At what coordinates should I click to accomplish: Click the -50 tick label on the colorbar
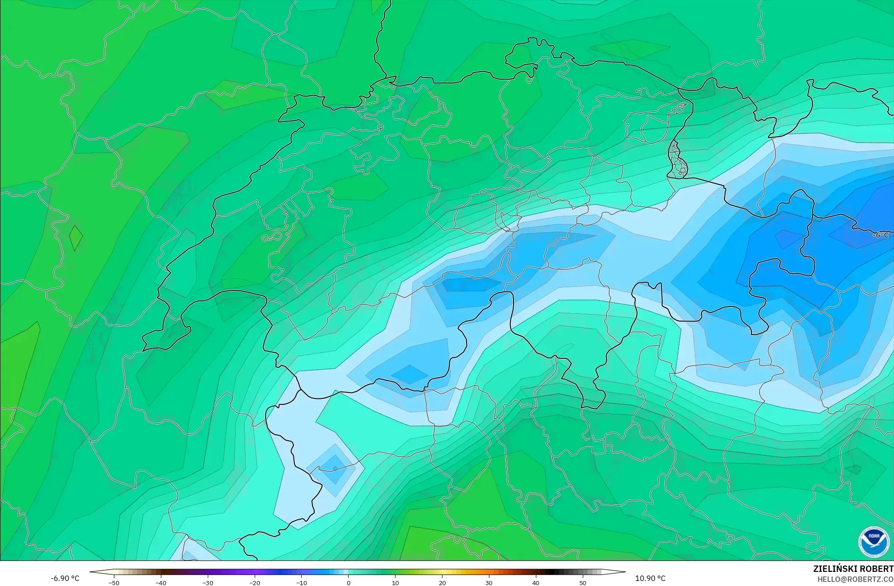(x=114, y=582)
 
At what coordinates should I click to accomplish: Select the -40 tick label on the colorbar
(x=161, y=582)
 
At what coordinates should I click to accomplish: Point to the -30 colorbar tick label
(x=208, y=582)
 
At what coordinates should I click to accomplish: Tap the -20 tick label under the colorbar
(x=255, y=582)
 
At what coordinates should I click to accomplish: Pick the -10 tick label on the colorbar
(x=302, y=582)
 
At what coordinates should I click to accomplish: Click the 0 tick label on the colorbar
(x=349, y=582)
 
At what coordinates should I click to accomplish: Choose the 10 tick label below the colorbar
(x=395, y=582)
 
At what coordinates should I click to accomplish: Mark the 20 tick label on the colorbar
(x=442, y=582)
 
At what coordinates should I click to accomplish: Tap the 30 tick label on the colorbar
(x=489, y=582)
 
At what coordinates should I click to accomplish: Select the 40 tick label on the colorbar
(x=536, y=582)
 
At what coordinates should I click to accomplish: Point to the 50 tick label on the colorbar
(x=583, y=582)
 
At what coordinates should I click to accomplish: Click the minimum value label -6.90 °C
(x=65, y=578)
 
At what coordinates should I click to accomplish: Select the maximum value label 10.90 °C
(x=650, y=578)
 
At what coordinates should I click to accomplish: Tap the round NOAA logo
(x=873, y=542)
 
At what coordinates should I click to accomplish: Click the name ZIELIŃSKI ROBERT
(x=853, y=569)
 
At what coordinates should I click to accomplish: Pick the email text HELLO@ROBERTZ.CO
(x=855, y=579)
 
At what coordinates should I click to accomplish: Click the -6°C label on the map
(x=880, y=235)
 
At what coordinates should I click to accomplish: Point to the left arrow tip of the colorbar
(x=91, y=572)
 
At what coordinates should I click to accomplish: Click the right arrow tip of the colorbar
(x=624, y=572)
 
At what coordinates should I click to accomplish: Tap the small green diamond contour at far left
(x=76, y=238)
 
